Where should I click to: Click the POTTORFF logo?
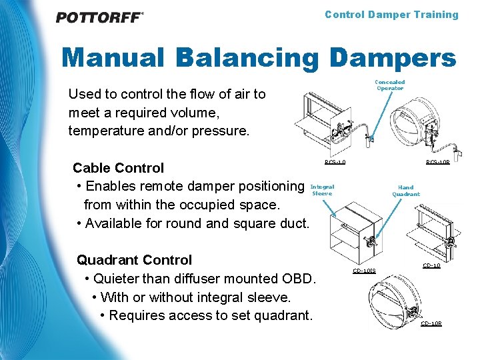pyautogui.click(x=99, y=17)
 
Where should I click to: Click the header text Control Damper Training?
pyautogui.click(x=391, y=15)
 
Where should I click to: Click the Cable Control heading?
pyautogui.click(x=118, y=167)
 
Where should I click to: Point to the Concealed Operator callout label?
pyautogui.click(x=390, y=85)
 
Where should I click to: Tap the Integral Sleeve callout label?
pyautogui.click(x=323, y=190)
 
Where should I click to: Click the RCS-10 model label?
pyautogui.click(x=335, y=162)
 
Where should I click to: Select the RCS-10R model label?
pyautogui.click(x=438, y=162)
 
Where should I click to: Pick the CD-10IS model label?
pyautogui.click(x=365, y=271)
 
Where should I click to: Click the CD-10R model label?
pyautogui.click(x=431, y=323)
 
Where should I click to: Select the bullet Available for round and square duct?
pyautogui.click(x=193, y=223)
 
